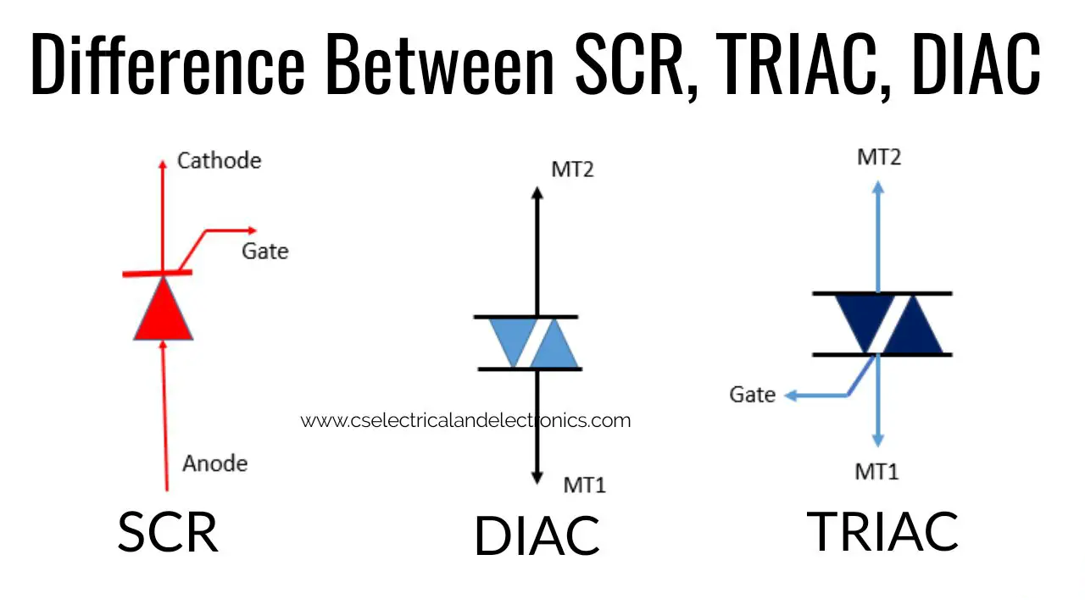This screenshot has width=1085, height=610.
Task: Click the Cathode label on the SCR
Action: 219,161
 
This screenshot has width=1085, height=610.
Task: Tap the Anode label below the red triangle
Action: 215,463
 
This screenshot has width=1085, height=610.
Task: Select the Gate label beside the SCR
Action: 265,251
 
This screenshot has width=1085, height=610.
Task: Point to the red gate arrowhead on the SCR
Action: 252,230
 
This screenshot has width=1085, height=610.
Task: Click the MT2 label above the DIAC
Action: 572,169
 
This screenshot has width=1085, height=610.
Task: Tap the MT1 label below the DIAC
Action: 585,485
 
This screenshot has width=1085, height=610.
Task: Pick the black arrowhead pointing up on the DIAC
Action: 537,192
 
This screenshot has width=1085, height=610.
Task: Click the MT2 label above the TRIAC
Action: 879,158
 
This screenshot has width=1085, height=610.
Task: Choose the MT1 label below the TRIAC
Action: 876,472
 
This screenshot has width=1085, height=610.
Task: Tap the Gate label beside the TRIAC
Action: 752,395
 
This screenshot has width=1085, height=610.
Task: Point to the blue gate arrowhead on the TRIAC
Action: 791,396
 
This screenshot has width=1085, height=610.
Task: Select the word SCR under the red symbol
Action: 168,532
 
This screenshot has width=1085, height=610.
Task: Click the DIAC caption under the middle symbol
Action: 537,536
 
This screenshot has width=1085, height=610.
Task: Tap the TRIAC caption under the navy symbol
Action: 882,531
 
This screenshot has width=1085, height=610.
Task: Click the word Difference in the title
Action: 168,64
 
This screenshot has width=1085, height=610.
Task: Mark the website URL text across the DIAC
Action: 465,420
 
